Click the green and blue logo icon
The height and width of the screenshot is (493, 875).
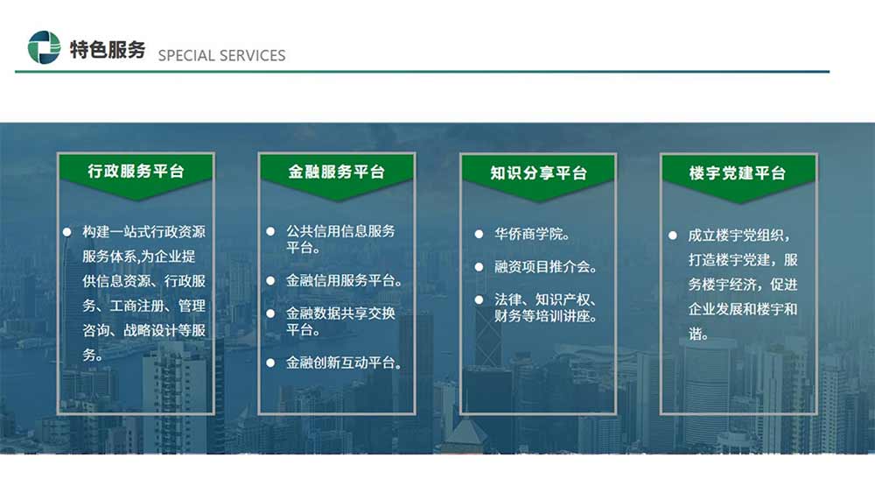pos(44,47)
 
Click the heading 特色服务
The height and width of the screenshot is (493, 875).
pos(107,50)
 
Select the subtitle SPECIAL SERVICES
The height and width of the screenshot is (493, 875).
pos(221,55)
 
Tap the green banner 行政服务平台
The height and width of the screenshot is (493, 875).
pos(136,174)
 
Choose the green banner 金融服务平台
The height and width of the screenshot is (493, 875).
pos(337,175)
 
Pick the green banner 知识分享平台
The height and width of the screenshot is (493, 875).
pos(538,176)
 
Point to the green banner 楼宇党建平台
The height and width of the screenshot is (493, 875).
pos(738,176)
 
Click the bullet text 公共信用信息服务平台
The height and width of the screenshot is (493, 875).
pos(340,239)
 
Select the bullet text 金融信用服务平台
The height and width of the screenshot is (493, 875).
pos(344,280)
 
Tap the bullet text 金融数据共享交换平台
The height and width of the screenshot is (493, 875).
pos(340,321)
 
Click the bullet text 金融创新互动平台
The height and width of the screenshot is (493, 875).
pos(344,363)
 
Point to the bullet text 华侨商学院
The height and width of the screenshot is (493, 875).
pos(532,234)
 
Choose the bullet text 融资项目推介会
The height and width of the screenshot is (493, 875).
pos(545,267)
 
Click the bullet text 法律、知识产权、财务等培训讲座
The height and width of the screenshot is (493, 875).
pos(546,307)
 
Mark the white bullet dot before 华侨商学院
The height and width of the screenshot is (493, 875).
pos(479,235)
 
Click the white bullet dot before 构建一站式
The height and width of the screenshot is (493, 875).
pos(67,232)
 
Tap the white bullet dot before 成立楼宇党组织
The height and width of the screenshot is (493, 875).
pos(673,236)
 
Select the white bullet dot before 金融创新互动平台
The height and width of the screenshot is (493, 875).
pos(270,363)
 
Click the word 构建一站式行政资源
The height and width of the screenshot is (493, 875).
pos(144,232)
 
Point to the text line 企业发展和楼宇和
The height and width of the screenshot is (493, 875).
pos(743,309)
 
